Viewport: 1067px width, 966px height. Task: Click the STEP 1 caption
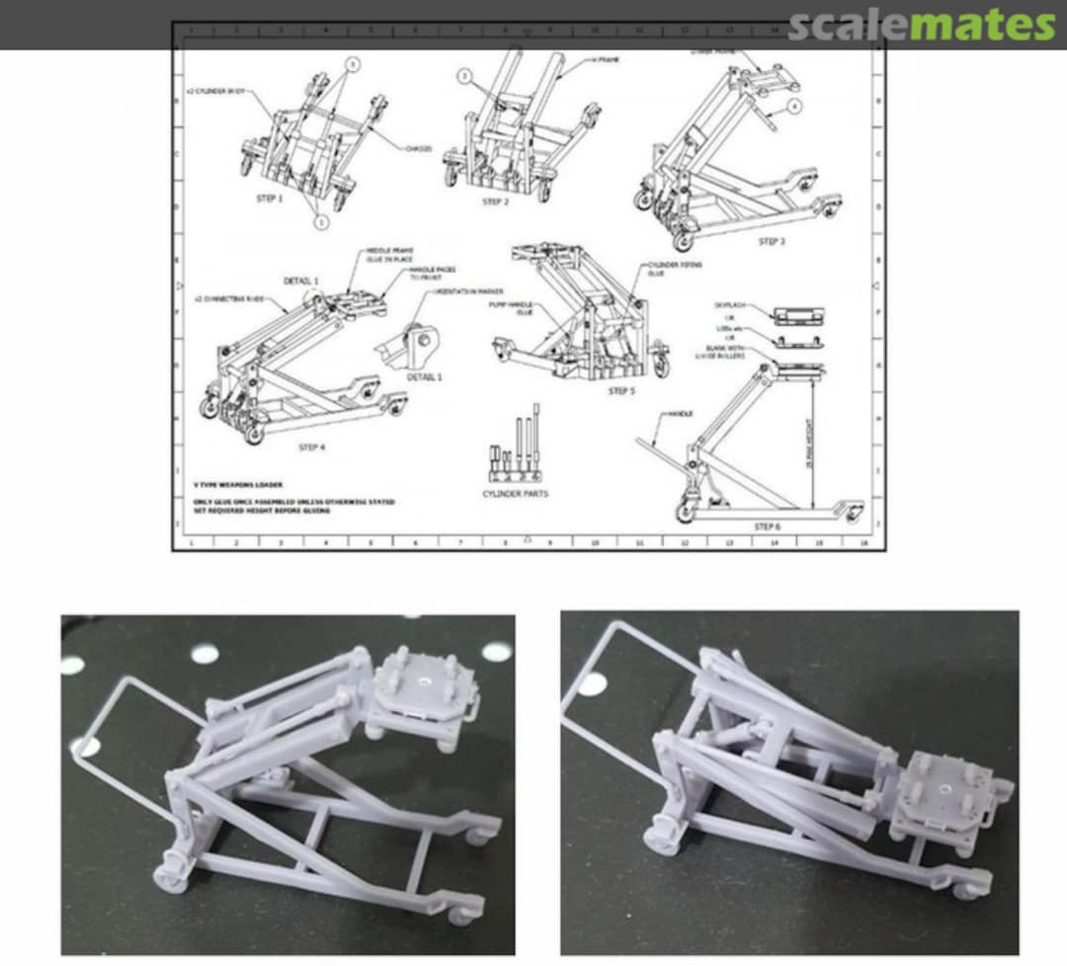(x=269, y=198)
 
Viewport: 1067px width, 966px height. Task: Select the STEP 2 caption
(x=495, y=201)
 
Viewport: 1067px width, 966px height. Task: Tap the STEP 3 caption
(x=772, y=241)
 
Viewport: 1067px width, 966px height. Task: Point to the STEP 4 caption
(x=311, y=447)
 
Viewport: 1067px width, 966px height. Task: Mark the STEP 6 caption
(x=768, y=526)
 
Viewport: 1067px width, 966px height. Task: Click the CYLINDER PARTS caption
(x=515, y=493)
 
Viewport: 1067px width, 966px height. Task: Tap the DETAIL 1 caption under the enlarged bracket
(x=425, y=377)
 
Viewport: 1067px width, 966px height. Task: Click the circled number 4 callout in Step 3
(x=793, y=105)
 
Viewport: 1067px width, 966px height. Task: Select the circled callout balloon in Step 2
(x=464, y=76)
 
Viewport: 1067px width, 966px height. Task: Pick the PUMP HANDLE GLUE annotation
(x=511, y=308)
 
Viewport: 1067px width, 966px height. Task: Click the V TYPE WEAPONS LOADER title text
(x=238, y=485)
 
